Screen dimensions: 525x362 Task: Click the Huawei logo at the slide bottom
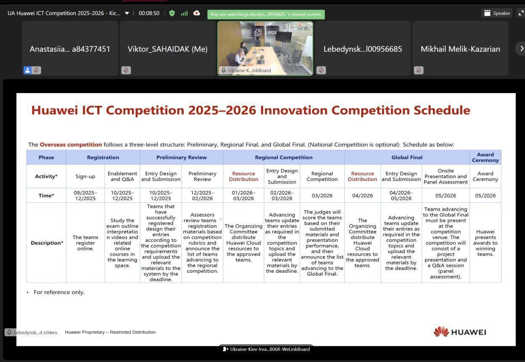tap(460, 332)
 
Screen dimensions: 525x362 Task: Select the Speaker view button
tap(497, 13)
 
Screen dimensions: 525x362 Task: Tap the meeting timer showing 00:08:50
tap(149, 13)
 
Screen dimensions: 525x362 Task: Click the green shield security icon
tap(172, 13)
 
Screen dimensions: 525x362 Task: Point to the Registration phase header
tap(103, 157)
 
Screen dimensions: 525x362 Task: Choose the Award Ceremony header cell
tap(485, 157)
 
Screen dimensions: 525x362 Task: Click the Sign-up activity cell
tap(85, 176)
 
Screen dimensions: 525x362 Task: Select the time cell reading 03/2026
tap(322, 196)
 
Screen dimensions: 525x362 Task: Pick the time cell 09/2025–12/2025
tap(85, 196)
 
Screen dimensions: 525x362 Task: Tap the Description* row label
tap(47, 243)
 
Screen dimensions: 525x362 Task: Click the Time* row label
tap(46, 196)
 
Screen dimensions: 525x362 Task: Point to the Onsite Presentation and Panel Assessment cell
tap(445, 176)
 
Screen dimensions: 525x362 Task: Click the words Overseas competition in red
tap(71, 145)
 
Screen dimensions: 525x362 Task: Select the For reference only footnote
tap(59, 292)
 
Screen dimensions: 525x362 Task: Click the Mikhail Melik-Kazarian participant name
tap(460, 49)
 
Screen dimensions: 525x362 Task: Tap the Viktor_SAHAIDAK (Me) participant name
tap(168, 49)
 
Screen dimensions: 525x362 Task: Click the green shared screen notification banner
tap(266, 14)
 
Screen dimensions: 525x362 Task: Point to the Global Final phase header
tap(407, 157)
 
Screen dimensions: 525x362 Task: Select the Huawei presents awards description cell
tap(485, 243)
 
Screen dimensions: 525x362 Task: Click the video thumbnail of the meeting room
tap(265, 48)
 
